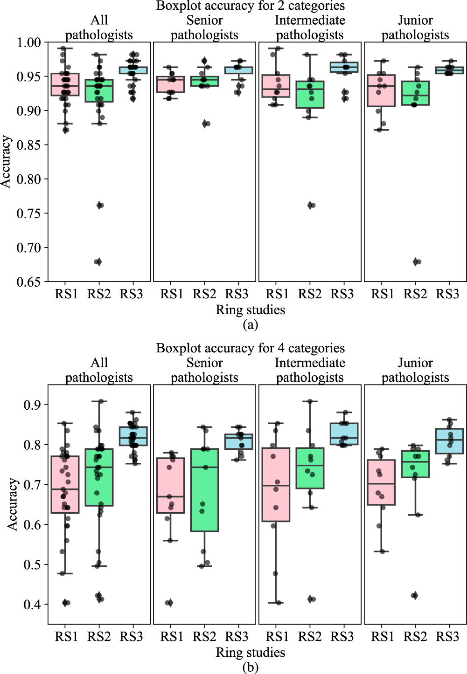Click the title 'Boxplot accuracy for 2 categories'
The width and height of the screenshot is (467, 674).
pos(251,6)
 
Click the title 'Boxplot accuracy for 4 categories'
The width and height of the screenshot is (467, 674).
pos(251,348)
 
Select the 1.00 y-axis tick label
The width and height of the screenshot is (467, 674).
pos(29,42)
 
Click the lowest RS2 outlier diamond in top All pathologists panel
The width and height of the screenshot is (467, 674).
pos(98,262)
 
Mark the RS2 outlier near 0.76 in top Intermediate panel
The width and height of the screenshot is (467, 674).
pos(310,205)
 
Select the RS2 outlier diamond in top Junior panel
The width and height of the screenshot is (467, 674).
pos(415,262)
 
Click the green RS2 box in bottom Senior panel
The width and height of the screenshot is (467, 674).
pos(205,490)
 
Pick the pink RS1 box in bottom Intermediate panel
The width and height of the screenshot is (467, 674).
pos(276,484)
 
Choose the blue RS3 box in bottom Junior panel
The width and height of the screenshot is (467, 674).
pos(449,441)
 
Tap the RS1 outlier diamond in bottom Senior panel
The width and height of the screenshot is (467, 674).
pos(170,603)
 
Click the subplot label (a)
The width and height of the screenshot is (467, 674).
pos(251,325)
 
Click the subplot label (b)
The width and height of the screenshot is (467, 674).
pos(251,667)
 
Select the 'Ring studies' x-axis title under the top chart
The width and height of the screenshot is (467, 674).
pos(251,310)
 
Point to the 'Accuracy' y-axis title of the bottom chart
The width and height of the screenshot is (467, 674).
pos(13,504)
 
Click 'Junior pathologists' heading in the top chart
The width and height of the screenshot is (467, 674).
pos(415,28)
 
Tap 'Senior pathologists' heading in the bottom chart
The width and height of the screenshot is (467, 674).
pos(204,370)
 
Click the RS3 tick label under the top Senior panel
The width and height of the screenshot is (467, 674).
pos(237,294)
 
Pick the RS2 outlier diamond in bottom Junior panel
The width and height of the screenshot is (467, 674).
pos(414,595)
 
